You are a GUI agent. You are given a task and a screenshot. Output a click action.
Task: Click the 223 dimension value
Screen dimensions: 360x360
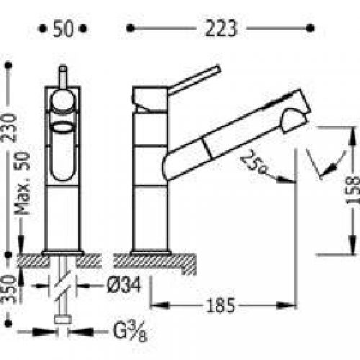pos(220,29)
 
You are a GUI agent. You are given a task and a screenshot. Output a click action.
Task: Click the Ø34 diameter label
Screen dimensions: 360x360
pos(125,286)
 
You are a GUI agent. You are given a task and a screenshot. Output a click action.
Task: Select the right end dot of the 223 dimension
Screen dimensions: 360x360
pos(311,29)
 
